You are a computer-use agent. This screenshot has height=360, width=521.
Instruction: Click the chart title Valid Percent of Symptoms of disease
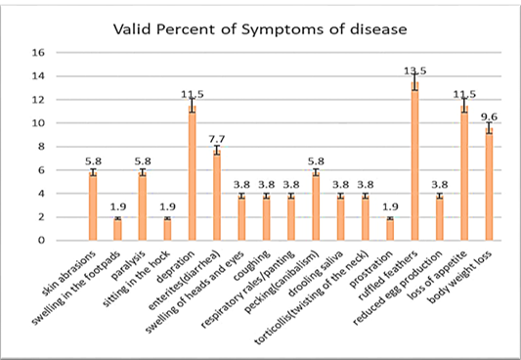pos(260,29)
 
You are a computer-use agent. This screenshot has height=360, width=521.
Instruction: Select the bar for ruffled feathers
pos(415,161)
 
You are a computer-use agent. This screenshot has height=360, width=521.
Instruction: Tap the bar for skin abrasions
pos(93,206)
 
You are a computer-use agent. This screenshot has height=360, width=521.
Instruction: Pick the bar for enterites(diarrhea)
pos(217,195)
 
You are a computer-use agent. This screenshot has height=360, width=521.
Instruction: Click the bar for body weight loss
pos(489,184)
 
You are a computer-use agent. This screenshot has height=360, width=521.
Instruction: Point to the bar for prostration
pos(390,229)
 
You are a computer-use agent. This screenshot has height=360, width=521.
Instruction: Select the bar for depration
pos(192,173)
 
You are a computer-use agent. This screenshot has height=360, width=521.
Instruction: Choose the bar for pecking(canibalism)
pos(316,206)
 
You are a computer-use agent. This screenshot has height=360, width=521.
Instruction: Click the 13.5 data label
pos(415,70)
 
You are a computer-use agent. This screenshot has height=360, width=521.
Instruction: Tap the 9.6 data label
pos(489,117)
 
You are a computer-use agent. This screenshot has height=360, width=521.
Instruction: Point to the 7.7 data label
pos(217,139)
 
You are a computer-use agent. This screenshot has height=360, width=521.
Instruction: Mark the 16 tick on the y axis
pos(38,53)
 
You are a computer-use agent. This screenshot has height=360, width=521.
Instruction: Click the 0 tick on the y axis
pos(41,241)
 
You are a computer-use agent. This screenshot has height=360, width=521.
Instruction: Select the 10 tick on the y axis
pos(38,123)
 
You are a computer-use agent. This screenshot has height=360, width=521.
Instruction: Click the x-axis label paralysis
pos(129,265)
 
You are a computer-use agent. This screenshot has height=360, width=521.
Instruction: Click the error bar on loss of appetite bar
pos(464,105)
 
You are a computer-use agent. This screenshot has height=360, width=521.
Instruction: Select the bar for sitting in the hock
pos(167,229)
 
